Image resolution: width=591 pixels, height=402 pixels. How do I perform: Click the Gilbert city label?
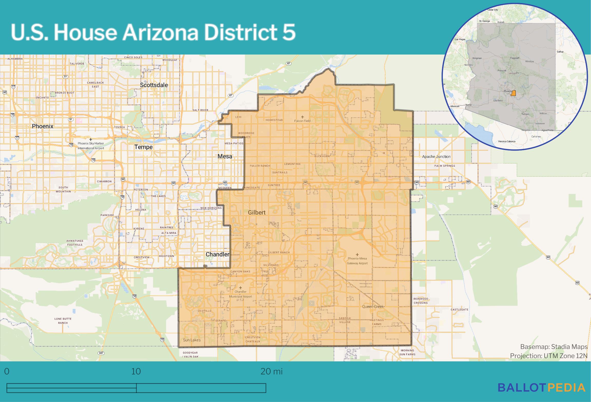256,212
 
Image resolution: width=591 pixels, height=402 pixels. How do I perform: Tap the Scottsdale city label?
154,85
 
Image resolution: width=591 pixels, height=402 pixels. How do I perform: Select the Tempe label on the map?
144,147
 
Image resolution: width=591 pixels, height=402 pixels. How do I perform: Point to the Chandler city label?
217,254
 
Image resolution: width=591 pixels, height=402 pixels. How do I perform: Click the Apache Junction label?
436,156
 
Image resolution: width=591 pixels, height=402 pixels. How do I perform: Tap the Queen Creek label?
373,306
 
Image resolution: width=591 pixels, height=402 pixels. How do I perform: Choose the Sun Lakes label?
192,340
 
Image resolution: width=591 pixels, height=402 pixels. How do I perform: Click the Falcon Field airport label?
302,121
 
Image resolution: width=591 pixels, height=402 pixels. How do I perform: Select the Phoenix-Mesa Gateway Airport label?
357,261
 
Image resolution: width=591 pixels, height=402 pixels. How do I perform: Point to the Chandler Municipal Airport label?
240,294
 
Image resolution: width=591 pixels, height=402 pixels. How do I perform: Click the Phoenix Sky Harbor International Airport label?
91,146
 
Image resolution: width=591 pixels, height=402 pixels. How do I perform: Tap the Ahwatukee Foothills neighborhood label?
75,243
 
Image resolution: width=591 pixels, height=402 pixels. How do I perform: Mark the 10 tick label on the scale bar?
136,371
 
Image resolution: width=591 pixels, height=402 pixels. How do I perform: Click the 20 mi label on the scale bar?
271,371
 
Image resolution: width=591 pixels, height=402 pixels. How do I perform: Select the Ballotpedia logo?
541,387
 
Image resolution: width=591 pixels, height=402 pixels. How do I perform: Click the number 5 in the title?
289,33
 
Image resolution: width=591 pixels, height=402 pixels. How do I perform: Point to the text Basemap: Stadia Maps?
554,347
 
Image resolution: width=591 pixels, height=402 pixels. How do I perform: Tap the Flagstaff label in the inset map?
514,58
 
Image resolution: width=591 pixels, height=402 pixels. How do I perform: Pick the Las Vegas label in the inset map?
460,39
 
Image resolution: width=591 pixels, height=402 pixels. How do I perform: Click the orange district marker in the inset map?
513,93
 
